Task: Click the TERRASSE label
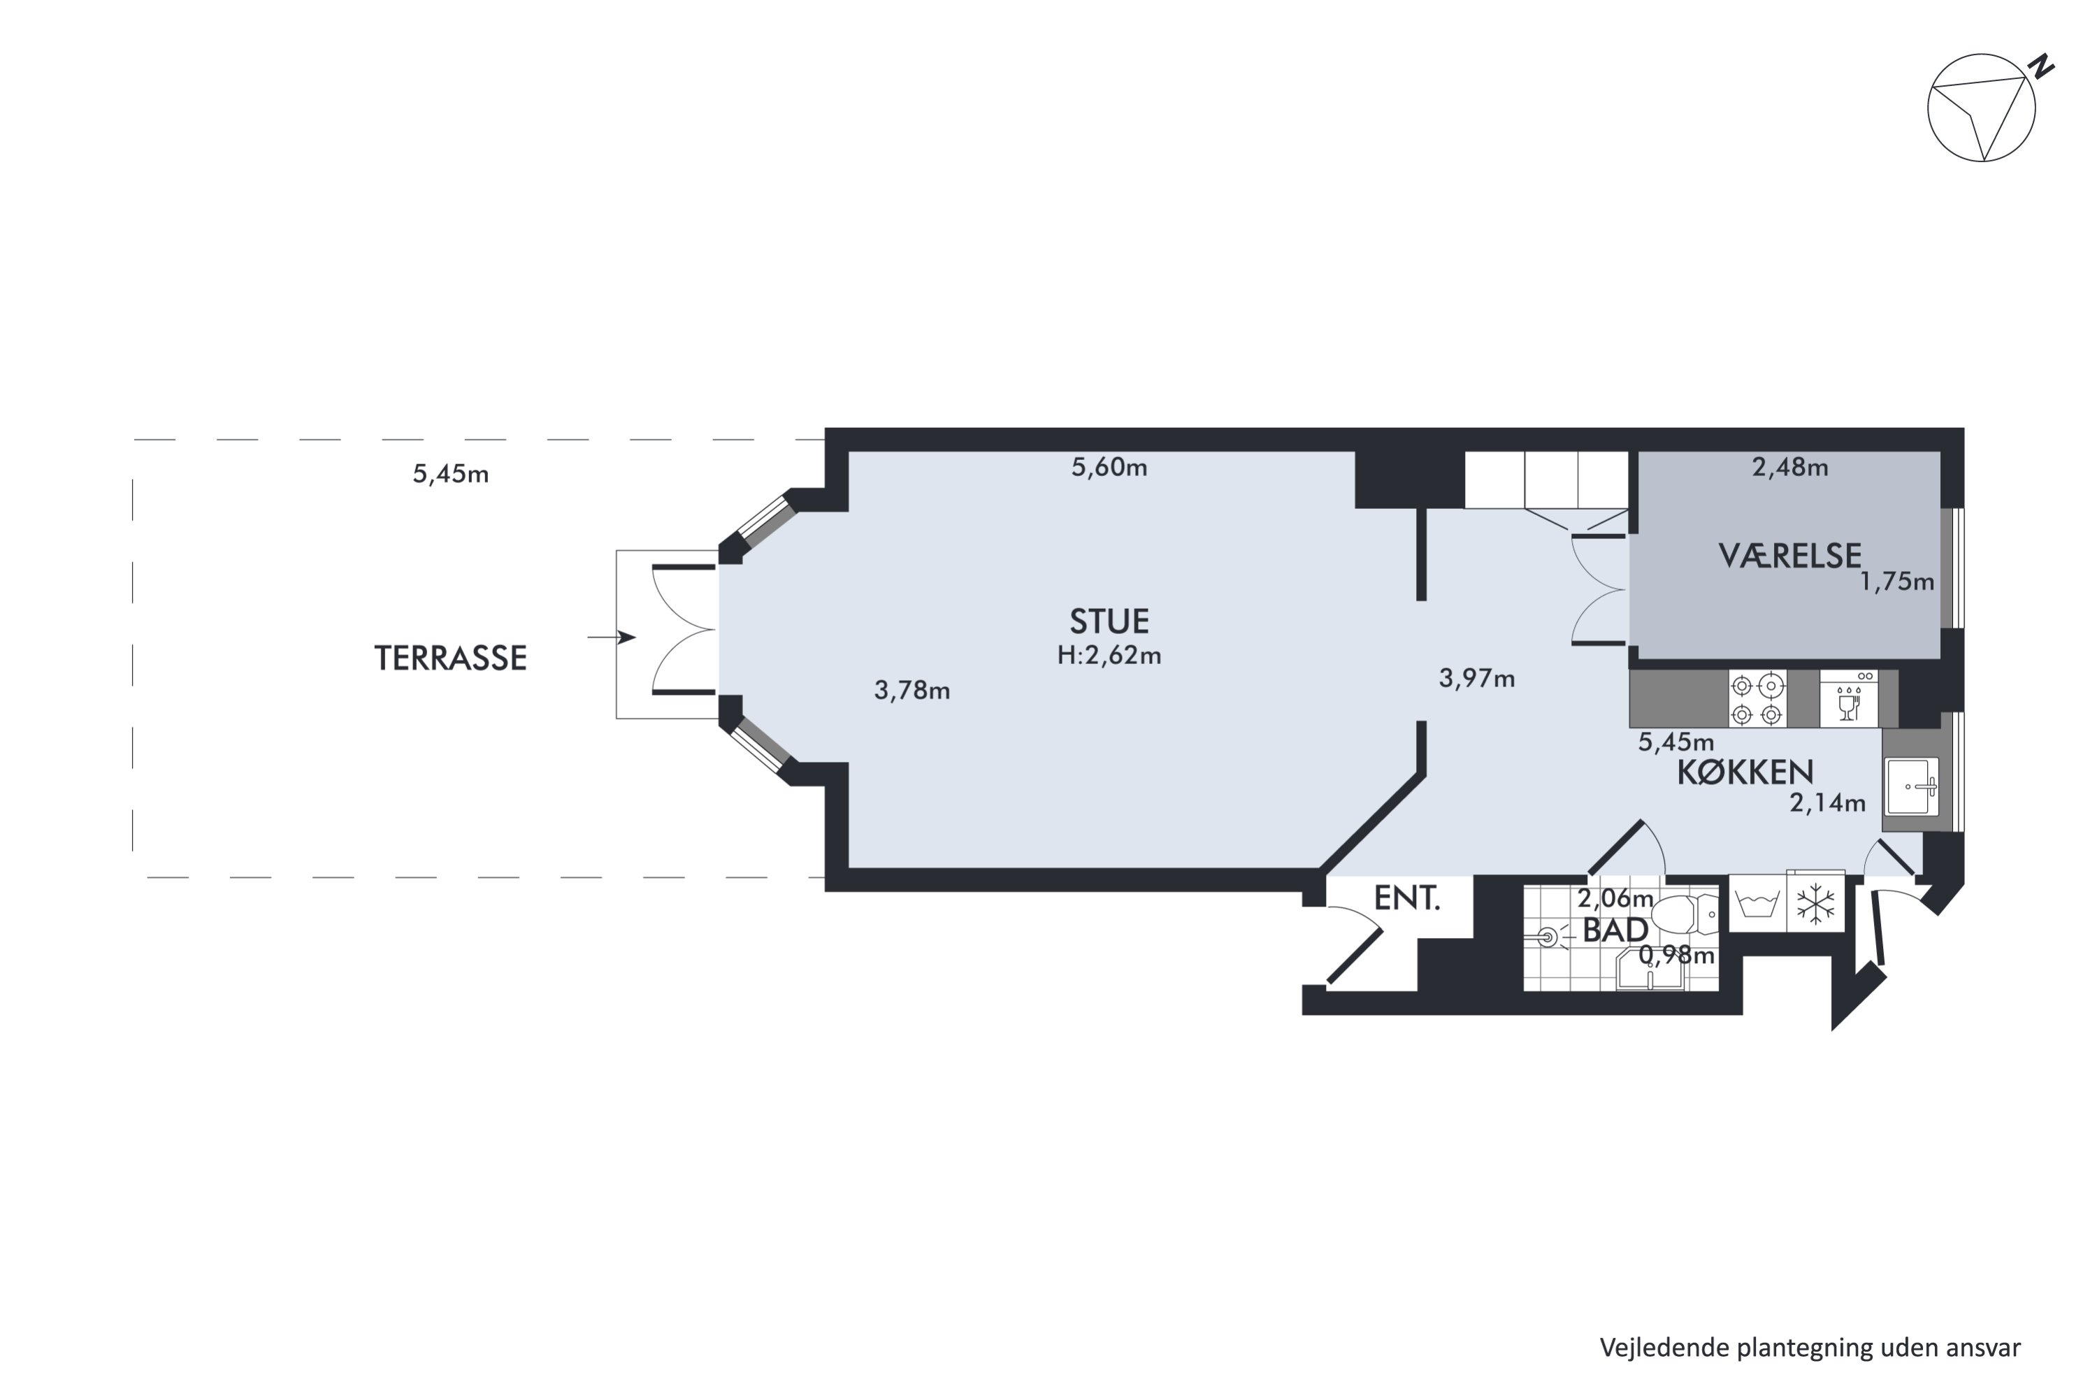coord(450,658)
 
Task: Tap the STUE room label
coord(1109,621)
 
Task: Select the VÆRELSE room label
coord(1789,556)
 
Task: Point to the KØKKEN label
coord(1745,772)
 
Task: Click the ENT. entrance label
coord(1407,898)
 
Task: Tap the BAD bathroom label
coord(1615,930)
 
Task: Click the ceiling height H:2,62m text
coord(1109,656)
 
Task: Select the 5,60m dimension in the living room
coord(1109,467)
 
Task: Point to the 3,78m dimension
coord(912,690)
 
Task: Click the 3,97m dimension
coord(1476,679)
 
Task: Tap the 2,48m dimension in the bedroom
coord(1790,467)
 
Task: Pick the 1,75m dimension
coord(1896,582)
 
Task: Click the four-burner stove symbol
coord(1757,699)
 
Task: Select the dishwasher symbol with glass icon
coord(1849,699)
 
